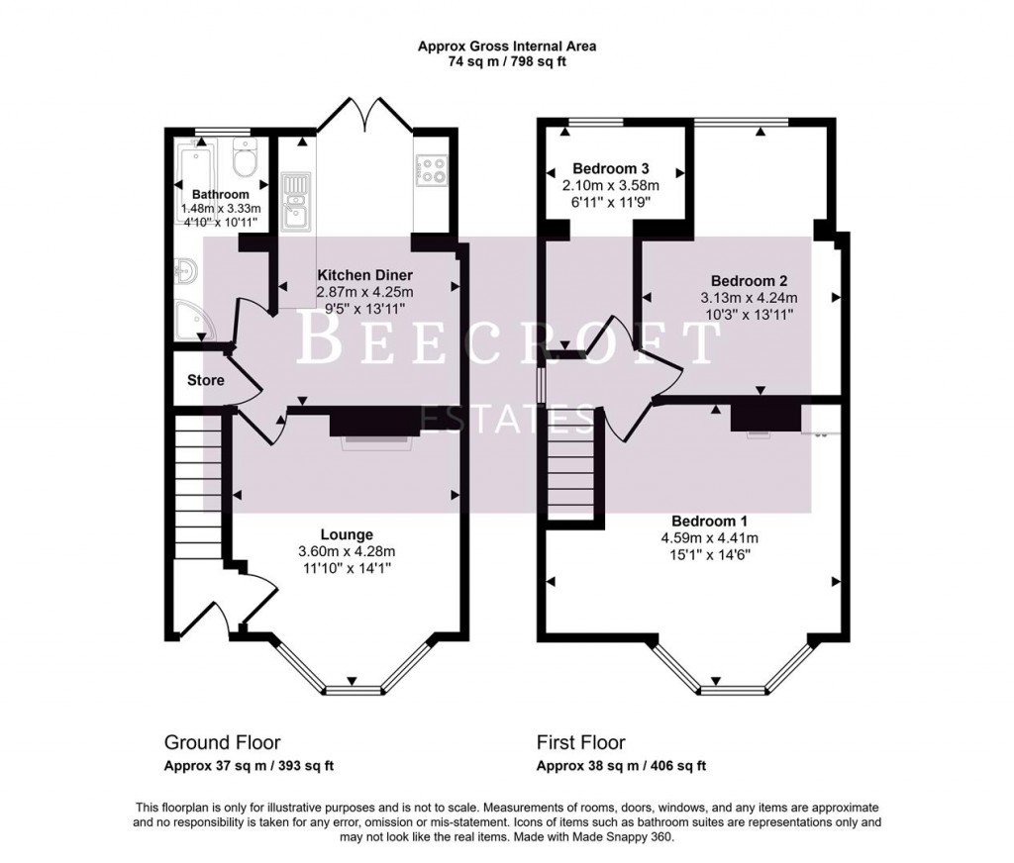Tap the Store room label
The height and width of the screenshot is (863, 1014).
(x=205, y=380)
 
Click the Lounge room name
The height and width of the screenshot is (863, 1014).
(x=347, y=534)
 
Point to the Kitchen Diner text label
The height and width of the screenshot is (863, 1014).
(x=364, y=274)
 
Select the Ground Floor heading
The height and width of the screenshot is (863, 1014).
(x=222, y=742)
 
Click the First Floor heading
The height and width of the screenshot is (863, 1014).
(x=580, y=742)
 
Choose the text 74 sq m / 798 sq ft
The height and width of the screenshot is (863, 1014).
(x=506, y=61)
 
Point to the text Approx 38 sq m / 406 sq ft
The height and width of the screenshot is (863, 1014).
(x=621, y=765)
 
